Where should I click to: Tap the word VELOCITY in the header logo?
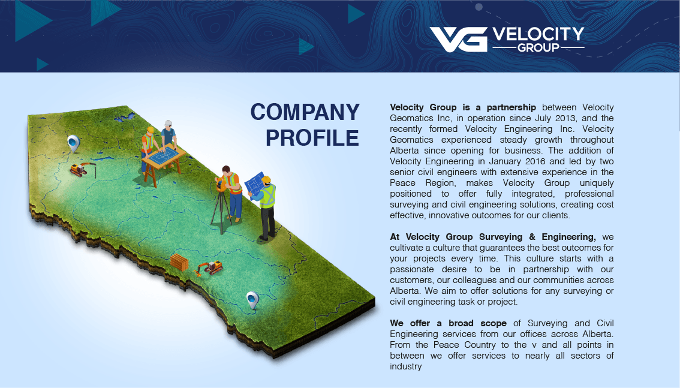coord(538,35)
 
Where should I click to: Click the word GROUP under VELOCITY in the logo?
coord(538,47)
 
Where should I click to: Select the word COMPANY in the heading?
coord(305,112)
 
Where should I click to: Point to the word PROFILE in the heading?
coord(312,138)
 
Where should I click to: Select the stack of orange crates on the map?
coord(179,261)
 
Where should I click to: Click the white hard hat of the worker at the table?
coord(168,123)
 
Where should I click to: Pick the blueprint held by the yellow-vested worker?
coord(254,182)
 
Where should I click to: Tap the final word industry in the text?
coord(406,366)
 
